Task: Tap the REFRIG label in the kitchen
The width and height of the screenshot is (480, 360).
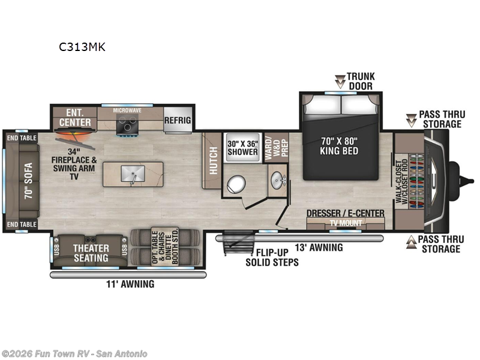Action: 178,121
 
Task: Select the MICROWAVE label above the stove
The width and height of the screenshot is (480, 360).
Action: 128,111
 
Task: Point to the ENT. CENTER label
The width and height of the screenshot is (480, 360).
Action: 76,118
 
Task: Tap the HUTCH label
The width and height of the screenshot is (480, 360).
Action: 213,160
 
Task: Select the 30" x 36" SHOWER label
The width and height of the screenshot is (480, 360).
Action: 242,147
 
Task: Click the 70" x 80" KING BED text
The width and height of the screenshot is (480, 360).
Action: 340,146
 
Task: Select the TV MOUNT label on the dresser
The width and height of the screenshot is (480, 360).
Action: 345,223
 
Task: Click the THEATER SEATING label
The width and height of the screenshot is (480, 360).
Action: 91,253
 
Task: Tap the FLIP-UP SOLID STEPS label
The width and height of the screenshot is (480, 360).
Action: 272,257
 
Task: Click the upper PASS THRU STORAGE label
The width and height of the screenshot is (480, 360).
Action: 440,119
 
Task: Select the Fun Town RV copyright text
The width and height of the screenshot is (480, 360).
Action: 74,353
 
